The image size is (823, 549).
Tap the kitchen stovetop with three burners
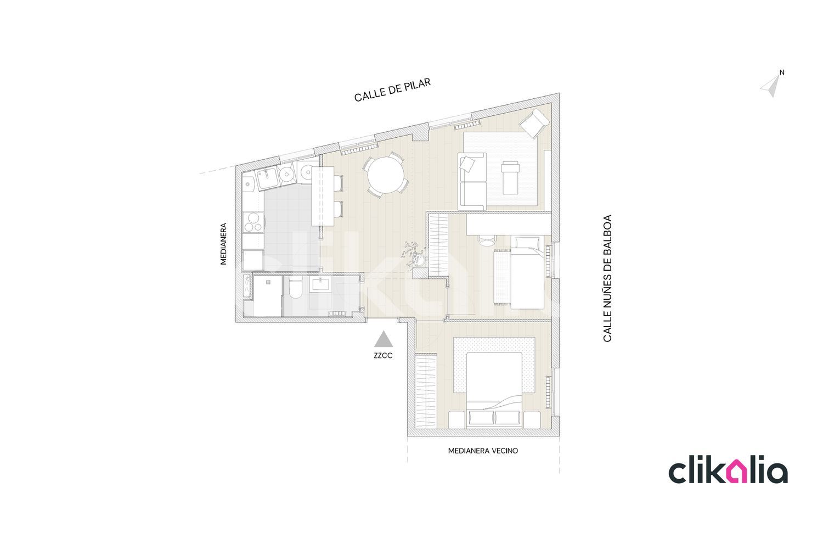[253, 222]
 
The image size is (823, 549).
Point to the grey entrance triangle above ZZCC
[384, 339]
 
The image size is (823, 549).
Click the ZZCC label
[383, 356]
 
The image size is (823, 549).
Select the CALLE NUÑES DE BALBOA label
[607, 278]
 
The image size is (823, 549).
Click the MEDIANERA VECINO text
[483, 451]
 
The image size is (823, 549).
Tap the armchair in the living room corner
[534, 123]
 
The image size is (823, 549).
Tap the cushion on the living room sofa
[467, 163]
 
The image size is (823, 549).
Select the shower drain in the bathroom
[268, 282]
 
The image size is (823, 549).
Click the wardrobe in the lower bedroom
[426, 391]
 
